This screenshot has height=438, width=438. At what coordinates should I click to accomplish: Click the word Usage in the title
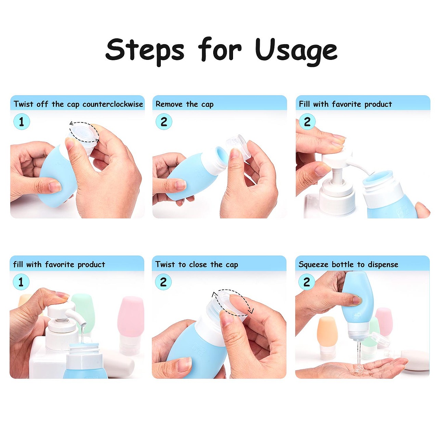tap(296, 51)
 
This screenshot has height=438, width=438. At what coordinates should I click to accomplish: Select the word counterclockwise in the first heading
tap(113, 104)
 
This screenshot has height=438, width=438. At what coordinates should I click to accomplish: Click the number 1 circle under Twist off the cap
tap(22, 122)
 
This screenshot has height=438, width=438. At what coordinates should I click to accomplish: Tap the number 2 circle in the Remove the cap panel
tap(164, 122)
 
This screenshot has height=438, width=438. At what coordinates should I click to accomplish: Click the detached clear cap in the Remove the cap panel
tap(238, 146)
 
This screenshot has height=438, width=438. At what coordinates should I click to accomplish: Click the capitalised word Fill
tap(304, 104)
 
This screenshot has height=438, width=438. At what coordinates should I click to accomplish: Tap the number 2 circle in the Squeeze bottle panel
tap(307, 282)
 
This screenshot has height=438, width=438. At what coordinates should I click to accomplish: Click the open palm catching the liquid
tap(355, 369)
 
